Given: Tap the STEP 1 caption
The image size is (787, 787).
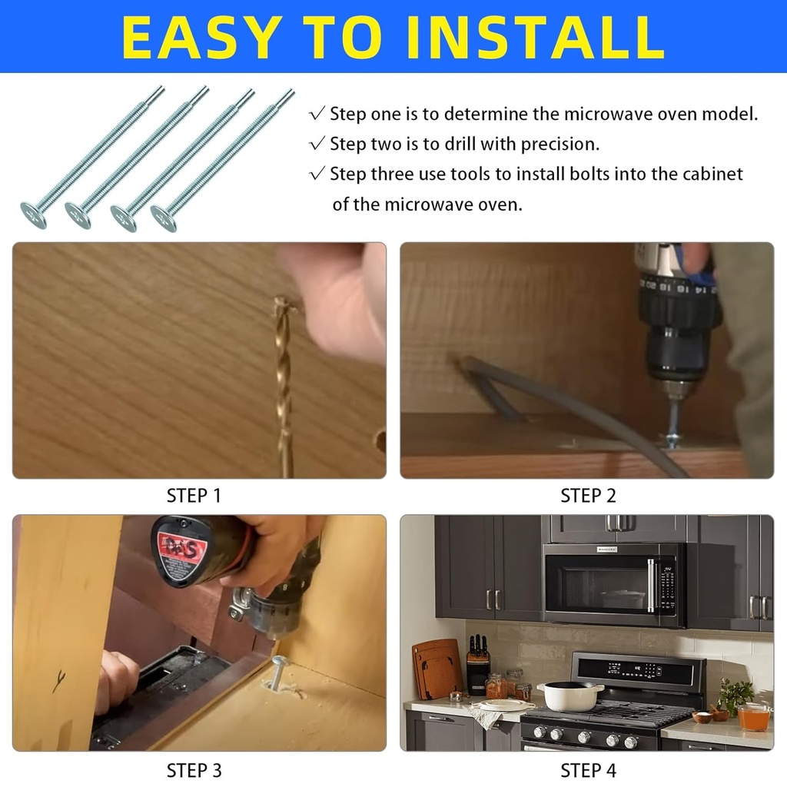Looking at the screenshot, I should [x=194, y=496].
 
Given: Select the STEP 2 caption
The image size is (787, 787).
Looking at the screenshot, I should [x=588, y=496].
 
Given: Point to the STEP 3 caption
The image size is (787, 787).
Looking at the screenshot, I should [x=194, y=769].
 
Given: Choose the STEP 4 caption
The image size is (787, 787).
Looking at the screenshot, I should [x=588, y=769].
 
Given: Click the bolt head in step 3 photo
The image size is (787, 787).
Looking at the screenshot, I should [x=279, y=662].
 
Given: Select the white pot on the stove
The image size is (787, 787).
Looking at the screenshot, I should [x=569, y=696].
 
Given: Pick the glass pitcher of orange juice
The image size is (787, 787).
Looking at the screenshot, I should [x=753, y=716].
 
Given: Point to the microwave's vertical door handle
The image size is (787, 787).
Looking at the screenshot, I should [x=651, y=585].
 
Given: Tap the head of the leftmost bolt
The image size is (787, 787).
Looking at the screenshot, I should [x=33, y=215].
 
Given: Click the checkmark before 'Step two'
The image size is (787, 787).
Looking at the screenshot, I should [x=317, y=144].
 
